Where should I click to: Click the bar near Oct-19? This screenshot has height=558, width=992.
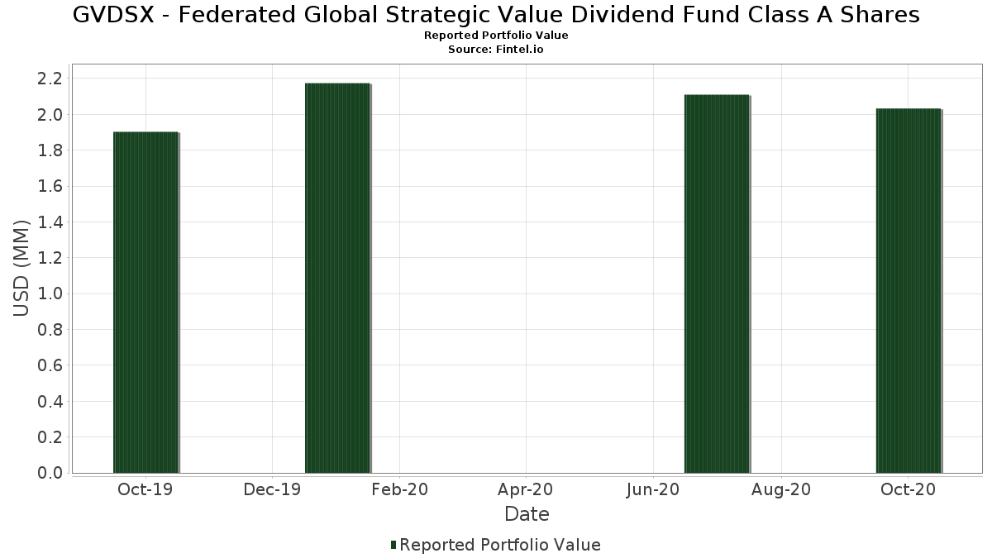145,303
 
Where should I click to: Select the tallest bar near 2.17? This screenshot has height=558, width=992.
337,278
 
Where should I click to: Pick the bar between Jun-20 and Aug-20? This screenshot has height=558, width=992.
717,284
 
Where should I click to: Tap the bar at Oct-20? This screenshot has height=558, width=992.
909,291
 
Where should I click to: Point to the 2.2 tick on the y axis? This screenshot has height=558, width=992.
50,79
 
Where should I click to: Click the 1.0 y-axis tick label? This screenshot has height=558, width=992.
50,293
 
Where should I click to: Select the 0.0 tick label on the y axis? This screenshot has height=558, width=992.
50,473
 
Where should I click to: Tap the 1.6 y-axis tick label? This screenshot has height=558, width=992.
50,186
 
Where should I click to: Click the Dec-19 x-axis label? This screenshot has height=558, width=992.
272,490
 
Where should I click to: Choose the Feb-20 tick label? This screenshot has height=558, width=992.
399,490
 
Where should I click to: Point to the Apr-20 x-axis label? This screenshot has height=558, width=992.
526,490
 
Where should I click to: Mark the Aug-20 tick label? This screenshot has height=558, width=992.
781,490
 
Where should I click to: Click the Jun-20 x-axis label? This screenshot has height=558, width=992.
653,490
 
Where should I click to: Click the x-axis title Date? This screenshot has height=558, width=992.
527,514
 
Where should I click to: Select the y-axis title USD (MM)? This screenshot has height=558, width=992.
21,268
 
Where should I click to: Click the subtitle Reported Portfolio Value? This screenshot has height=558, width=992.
496,36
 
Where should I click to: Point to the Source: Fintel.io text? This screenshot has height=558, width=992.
496,50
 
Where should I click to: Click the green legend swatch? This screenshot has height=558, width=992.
393,545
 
